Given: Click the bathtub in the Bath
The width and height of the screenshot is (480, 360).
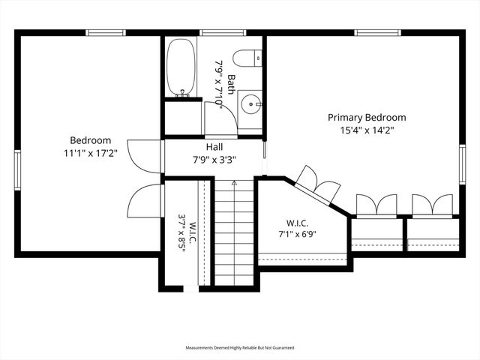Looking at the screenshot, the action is pyautogui.click(x=181, y=67).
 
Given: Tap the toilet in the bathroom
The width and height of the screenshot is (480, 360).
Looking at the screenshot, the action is pyautogui.click(x=247, y=58).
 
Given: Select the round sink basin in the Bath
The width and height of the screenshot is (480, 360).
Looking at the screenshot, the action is pyautogui.click(x=251, y=104).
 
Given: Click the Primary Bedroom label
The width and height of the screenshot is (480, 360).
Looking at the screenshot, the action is pyautogui.click(x=367, y=117).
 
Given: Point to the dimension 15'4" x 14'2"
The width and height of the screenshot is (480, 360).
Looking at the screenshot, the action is pyautogui.click(x=367, y=130).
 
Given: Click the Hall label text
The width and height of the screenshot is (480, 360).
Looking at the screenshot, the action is pyautogui.click(x=214, y=147).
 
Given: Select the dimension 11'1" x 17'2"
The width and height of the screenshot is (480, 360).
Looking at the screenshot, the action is pyautogui.click(x=91, y=153).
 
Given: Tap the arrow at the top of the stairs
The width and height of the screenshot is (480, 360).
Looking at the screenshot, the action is pyautogui.click(x=235, y=183).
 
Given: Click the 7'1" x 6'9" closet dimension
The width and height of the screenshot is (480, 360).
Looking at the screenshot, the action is pyautogui.click(x=297, y=235).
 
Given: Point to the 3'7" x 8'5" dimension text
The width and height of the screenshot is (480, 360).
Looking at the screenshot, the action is pyautogui.click(x=182, y=232).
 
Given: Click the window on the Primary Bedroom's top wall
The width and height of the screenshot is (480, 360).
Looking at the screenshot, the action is pyautogui.click(x=378, y=33).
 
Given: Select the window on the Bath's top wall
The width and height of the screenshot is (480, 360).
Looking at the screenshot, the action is pyautogui.click(x=223, y=33).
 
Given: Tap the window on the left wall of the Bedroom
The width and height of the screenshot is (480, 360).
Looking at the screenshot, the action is pyautogui.click(x=17, y=170).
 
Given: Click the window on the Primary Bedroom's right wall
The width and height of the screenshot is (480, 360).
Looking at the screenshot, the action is pyautogui.click(x=462, y=164).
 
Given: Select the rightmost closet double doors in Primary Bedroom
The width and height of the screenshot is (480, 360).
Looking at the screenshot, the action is pyautogui.click(x=432, y=205).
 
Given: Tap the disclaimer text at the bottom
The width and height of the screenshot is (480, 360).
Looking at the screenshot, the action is pyautogui.click(x=240, y=348).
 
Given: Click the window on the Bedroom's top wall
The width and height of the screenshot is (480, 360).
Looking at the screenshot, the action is pyautogui.click(x=106, y=33).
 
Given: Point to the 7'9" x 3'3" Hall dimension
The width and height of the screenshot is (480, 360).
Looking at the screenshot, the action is pyautogui.click(x=214, y=160).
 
